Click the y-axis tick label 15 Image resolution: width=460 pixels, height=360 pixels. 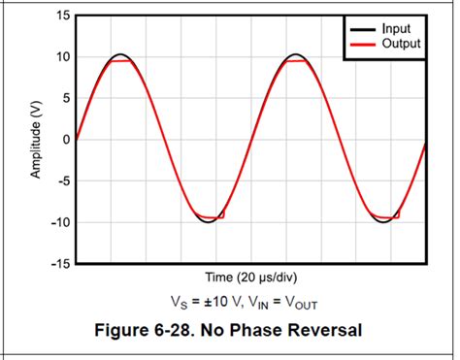pyautogui.click(x=62, y=16)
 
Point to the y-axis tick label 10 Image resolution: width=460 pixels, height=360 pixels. pyautogui.click(x=62, y=57)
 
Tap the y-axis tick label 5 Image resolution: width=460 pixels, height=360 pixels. pyautogui.click(x=65, y=98)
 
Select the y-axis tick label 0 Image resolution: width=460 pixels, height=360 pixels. pyautogui.click(x=65, y=140)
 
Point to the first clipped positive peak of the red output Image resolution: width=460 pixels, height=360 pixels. pyautogui.click(x=120, y=60)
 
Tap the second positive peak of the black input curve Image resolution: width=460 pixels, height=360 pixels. pyautogui.click(x=296, y=54)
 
